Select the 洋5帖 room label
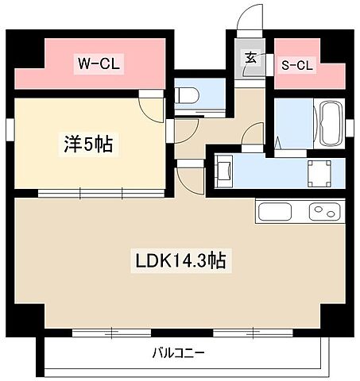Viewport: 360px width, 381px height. pyautogui.click(x=87, y=144)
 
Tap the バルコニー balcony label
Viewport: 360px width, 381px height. pyautogui.click(x=179, y=352)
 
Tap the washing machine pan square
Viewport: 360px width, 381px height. pyautogui.click(x=319, y=171)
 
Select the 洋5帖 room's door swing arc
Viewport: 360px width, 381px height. pyautogui.click(x=151, y=107)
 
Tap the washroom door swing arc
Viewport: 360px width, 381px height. pyautogui.click(x=254, y=137)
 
